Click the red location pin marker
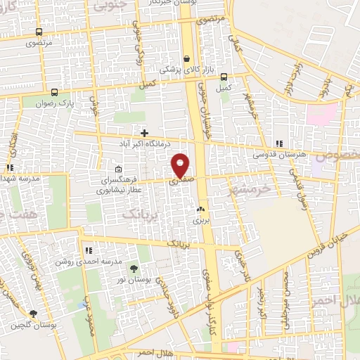181,165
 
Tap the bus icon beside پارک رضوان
54,91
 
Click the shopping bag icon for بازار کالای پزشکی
186,59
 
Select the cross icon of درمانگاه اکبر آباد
144,132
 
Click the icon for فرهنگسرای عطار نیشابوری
118,169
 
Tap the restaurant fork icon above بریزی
201,210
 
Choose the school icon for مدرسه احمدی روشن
89,250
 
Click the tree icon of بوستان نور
134,269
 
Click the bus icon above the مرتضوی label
39,32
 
